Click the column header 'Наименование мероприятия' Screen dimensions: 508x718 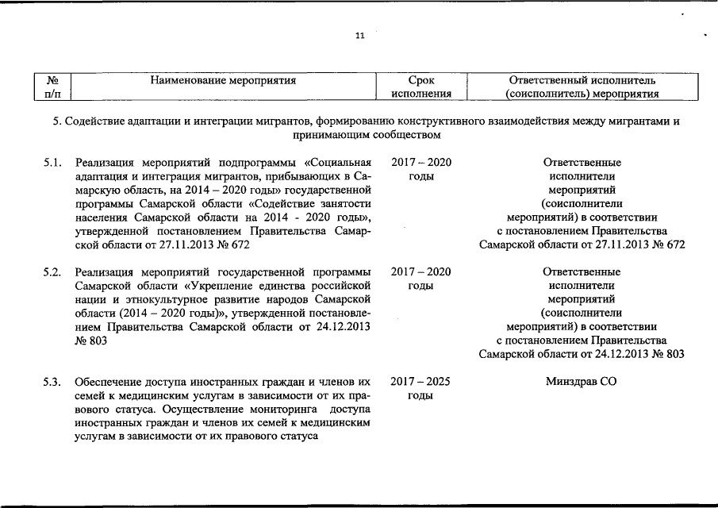click(x=223, y=80)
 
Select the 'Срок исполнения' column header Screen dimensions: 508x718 click(x=421, y=87)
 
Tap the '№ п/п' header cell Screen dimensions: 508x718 click(x=54, y=87)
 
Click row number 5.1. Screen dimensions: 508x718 click(x=53, y=163)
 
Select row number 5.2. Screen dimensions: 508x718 click(x=53, y=272)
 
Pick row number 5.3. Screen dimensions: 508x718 click(x=53, y=382)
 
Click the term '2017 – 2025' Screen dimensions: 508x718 click(x=420, y=382)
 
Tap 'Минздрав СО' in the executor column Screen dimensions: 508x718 click(x=581, y=382)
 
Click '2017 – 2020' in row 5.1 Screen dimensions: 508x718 click(x=421, y=163)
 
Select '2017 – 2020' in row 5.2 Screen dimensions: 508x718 click(x=421, y=272)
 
